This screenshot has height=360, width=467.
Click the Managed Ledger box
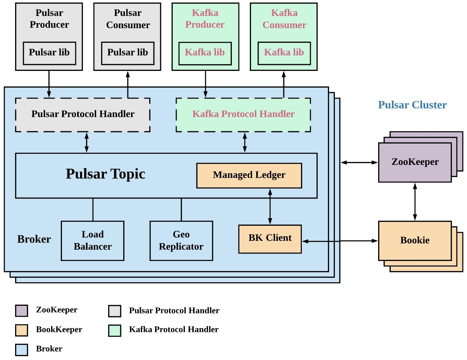tap(249, 175)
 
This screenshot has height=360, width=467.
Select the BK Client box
tap(270, 239)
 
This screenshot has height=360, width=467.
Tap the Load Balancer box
tap(93, 240)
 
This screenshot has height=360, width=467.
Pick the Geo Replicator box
tap(181, 240)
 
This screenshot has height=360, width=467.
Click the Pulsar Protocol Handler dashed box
tap(83, 115)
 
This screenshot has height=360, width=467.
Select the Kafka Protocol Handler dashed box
tap(243, 115)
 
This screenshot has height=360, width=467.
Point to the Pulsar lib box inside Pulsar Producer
tap(49, 53)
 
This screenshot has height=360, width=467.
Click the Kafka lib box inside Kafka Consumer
tap(284, 53)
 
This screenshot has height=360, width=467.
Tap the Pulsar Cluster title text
tap(412, 105)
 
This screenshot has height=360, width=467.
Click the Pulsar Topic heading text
tap(105, 174)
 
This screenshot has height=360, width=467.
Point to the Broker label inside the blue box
tap(34, 240)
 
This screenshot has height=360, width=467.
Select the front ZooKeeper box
tap(415, 162)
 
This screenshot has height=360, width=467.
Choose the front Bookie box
tap(415, 240)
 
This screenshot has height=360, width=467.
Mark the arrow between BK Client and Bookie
tap(340, 241)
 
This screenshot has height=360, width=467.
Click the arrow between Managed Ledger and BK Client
tap(270, 206)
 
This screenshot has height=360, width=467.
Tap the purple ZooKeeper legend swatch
tap(21, 310)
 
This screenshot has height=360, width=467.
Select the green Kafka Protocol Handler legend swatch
tap(114, 330)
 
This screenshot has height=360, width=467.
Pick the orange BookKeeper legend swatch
tap(21, 330)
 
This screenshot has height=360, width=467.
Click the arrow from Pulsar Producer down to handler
tap(49, 84)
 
